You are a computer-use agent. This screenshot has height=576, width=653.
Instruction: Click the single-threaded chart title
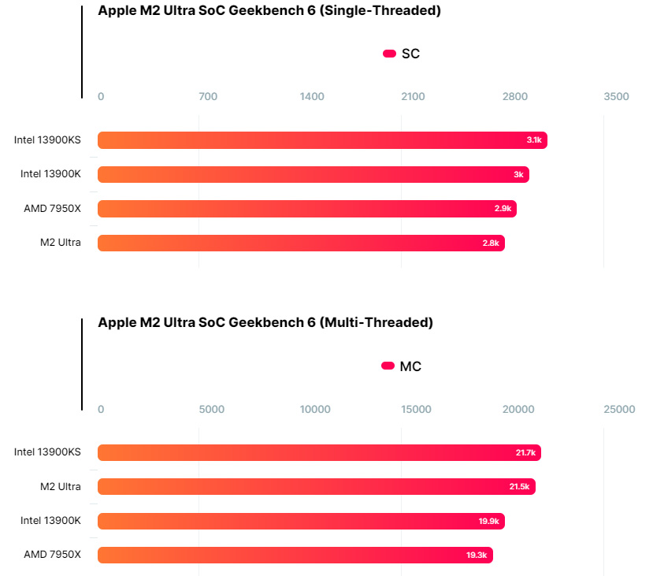coord(269,10)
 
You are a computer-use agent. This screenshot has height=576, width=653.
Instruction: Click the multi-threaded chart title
coord(265,322)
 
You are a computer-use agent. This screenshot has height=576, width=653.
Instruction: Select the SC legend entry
coord(402,54)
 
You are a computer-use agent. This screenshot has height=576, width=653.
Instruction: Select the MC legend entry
coord(402,366)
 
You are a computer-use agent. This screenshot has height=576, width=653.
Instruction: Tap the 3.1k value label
coord(533,140)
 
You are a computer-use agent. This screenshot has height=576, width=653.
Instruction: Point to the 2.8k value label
coord(491,243)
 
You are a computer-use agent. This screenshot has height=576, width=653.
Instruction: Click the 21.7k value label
coord(525,453)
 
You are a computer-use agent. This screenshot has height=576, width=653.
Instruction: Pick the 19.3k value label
coord(477,556)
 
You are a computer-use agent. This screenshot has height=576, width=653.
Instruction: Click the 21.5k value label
coord(519,487)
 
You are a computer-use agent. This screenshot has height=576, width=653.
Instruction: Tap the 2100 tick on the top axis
coord(413,97)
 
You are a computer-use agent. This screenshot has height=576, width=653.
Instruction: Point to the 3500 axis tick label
coord(616,97)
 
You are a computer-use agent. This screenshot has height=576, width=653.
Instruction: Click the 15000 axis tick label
coord(416,410)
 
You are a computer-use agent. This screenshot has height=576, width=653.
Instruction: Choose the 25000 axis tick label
coord(618,410)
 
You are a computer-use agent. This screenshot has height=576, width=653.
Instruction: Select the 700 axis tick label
coord(208,97)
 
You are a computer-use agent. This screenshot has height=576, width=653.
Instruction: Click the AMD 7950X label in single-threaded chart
coord(53,209)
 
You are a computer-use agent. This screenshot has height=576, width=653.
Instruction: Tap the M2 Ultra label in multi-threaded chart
coord(61,487)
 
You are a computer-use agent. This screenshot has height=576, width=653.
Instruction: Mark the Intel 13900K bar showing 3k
coord(313,174)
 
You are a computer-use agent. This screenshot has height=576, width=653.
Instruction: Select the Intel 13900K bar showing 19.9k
coord(301,521)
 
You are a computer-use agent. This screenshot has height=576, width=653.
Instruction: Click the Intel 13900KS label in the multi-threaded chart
coord(47,452)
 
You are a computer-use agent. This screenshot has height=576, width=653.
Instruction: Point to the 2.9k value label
coord(503,209)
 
